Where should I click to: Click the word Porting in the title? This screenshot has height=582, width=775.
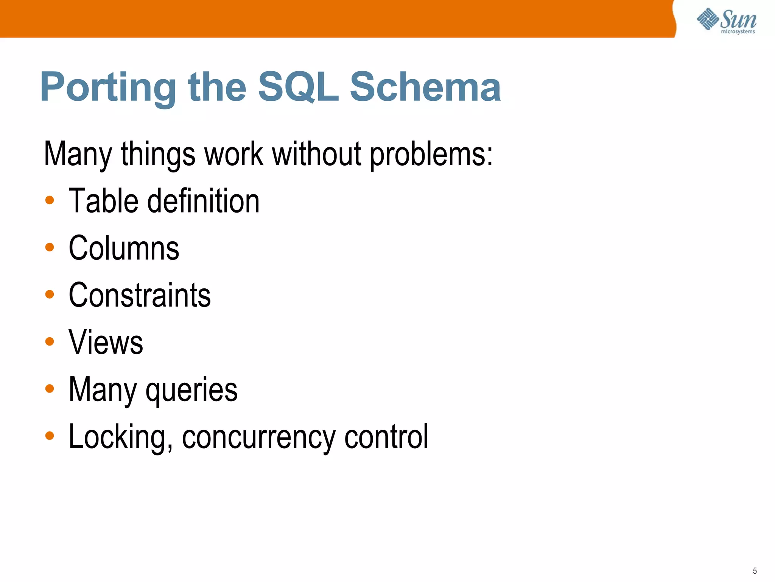tap(108, 88)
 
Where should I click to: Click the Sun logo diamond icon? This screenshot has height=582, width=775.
tap(708, 19)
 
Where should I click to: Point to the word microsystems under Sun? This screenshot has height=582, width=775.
tap(738, 32)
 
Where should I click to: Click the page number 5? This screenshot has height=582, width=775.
tap(755, 571)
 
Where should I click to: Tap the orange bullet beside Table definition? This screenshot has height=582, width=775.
tap(50, 200)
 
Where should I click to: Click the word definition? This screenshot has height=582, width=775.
tap(203, 201)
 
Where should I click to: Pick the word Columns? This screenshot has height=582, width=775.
tap(124, 248)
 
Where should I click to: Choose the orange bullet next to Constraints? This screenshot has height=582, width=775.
tap(50, 294)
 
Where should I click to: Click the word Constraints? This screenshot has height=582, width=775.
tap(140, 295)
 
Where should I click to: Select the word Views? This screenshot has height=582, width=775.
tap(106, 342)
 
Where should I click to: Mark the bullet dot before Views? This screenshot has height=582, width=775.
tap(50, 342)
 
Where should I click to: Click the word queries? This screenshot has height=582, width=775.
tap(191, 390)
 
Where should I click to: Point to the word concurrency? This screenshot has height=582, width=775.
tap(258, 437)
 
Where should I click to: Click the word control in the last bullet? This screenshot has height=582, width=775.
tap(386, 436)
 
